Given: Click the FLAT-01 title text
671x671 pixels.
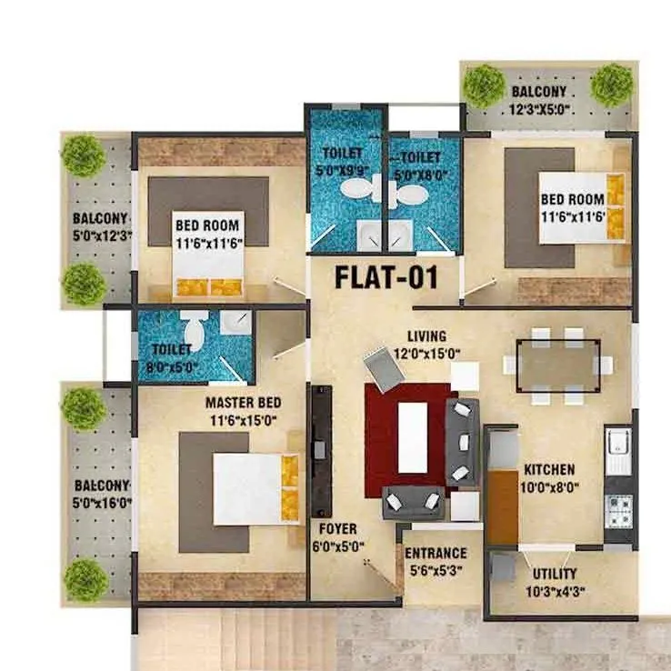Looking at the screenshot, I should [386, 276].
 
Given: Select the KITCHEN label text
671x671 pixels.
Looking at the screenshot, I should [548, 470].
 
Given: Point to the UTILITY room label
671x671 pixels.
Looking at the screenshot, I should [556, 574].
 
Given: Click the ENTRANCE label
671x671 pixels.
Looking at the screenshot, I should [436, 553].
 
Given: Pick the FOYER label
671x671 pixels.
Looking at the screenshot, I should [337, 527].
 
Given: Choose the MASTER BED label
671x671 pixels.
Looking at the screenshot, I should [243, 402].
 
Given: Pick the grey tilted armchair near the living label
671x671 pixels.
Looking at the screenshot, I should [379, 366].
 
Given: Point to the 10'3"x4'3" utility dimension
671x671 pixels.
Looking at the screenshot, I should [556, 591].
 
